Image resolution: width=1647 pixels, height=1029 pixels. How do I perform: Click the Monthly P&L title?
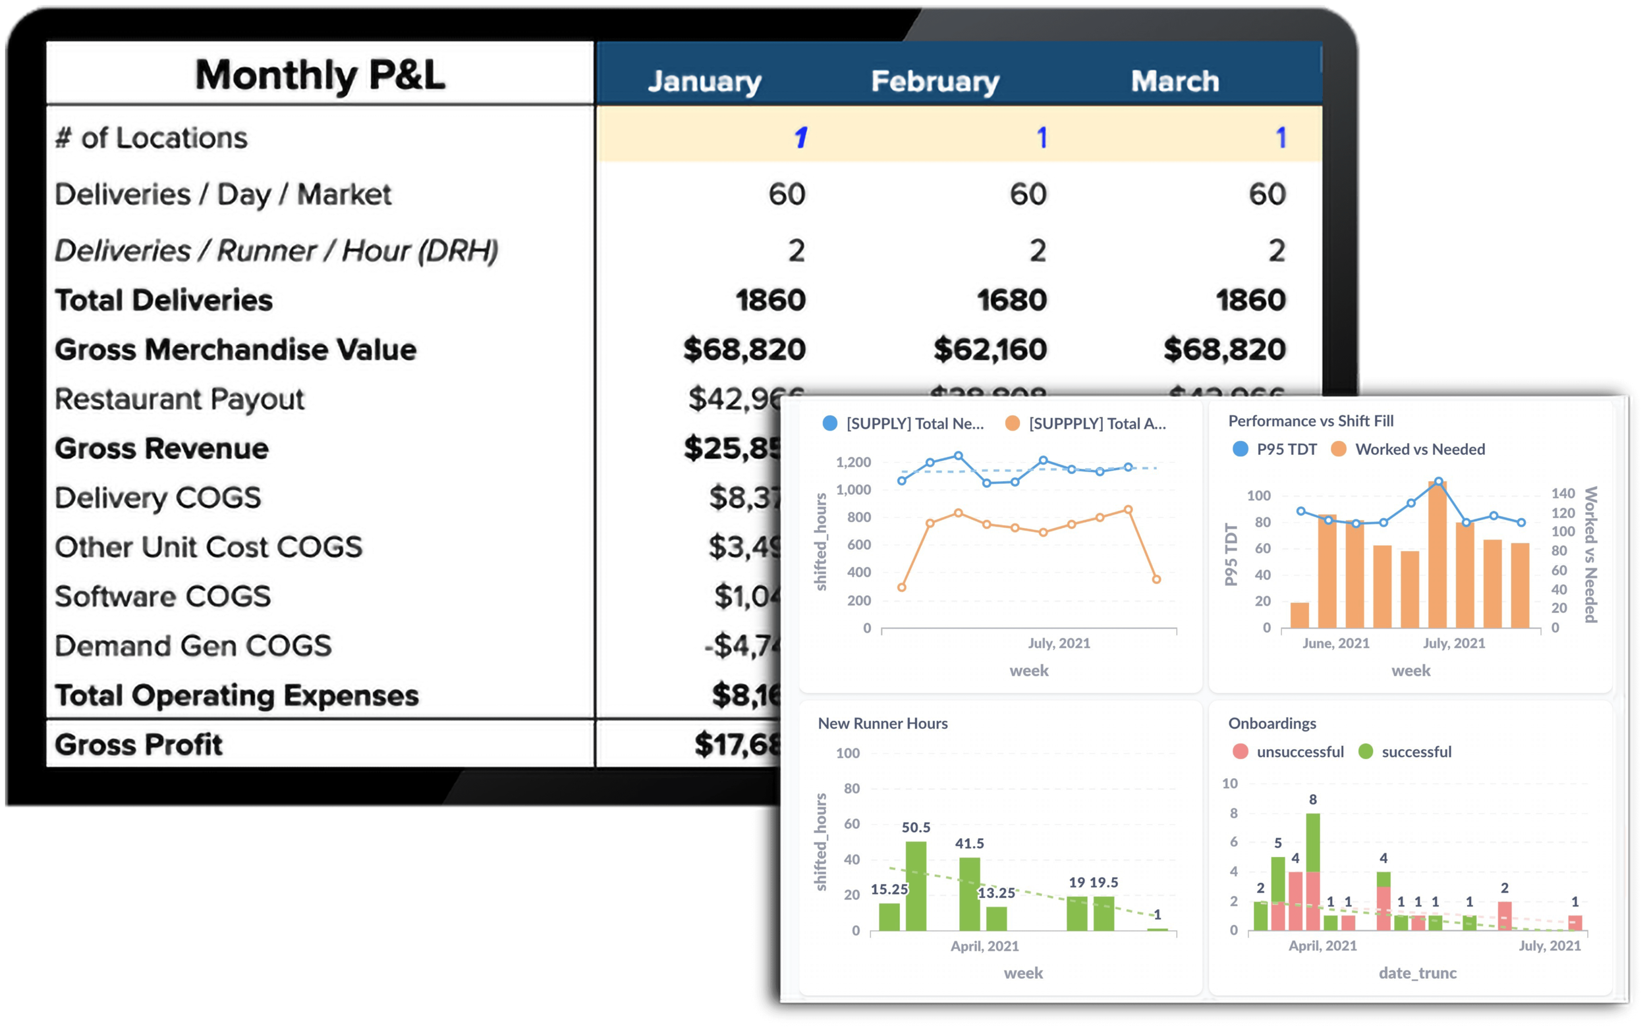[320, 75]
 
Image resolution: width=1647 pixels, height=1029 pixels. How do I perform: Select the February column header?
[935, 82]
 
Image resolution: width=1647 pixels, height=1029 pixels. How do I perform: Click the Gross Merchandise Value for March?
[1224, 350]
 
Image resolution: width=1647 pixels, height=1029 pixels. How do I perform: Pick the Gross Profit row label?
[139, 745]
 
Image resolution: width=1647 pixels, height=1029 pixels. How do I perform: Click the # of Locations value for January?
[800, 138]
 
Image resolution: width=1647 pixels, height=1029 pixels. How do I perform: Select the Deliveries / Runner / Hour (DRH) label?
[277, 250]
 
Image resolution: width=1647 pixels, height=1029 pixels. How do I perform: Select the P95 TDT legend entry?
[1275, 449]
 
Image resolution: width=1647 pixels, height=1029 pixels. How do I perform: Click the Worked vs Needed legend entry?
[1408, 449]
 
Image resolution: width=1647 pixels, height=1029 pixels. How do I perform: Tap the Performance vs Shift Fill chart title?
[1310, 421]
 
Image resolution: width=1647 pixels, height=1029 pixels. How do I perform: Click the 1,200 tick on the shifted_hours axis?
[853, 463]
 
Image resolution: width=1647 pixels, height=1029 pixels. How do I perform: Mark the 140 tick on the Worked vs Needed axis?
[1563, 493]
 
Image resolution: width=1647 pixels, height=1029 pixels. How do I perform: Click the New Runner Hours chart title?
[882, 724]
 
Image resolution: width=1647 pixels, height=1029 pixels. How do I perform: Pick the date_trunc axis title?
[1418, 973]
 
